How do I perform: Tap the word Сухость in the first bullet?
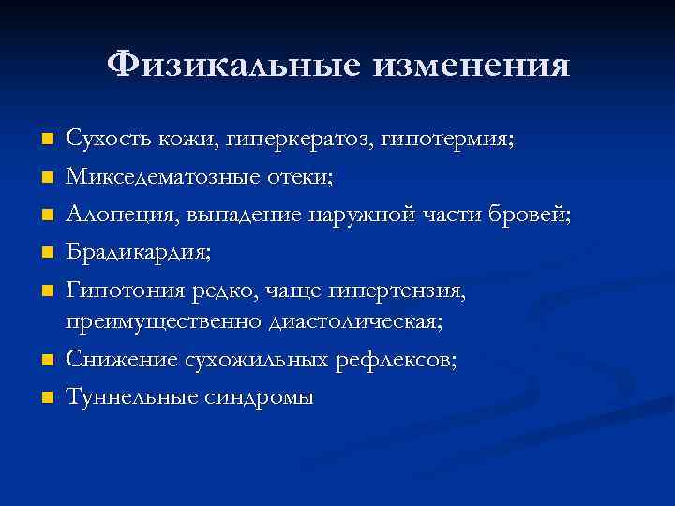click(x=102, y=140)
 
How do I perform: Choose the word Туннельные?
click(x=125, y=397)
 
